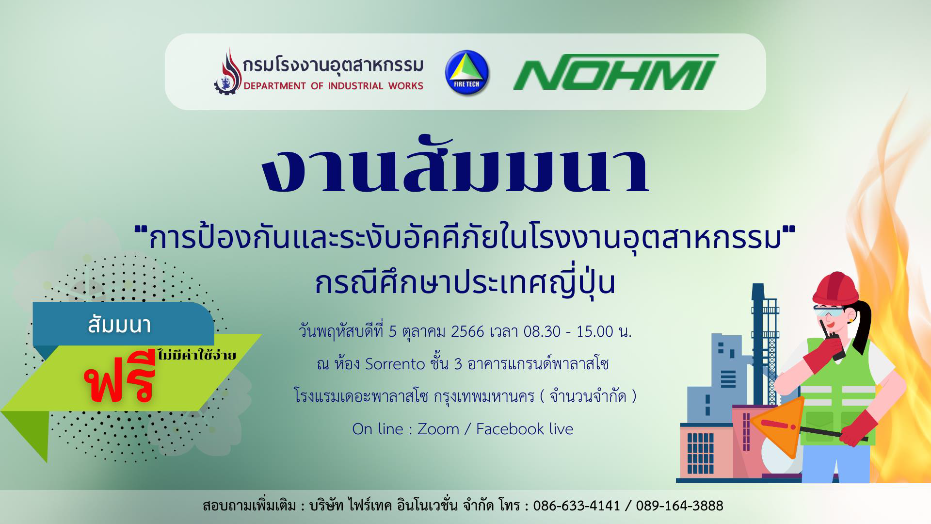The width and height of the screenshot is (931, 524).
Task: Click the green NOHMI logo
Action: point(616,72)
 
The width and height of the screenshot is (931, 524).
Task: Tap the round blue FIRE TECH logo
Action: point(467,73)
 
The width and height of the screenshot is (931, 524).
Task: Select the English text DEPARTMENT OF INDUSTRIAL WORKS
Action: point(333,86)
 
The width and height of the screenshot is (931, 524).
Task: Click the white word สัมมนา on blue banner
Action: point(119,325)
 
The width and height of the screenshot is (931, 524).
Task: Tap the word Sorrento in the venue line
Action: point(395,363)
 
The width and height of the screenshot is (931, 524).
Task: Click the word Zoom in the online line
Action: point(438,429)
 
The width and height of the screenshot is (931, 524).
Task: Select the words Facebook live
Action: point(525,429)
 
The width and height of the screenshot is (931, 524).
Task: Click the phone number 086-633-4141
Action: point(577,506)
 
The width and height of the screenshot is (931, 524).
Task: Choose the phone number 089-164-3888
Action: point(679,506)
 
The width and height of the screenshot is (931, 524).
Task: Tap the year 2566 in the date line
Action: point(467,331)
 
